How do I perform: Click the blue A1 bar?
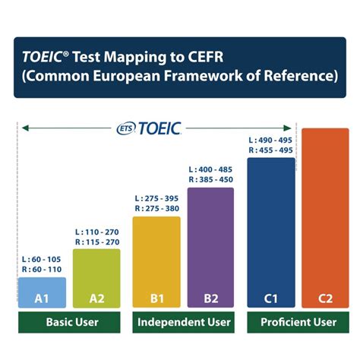point(42,292)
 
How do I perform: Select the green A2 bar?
point(96,278)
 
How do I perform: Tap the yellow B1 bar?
point(156,262)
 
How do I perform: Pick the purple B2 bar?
point(211,248)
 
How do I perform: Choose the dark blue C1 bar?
point(271,232)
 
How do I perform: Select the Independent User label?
point(184,322)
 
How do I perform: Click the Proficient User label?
point(298,322)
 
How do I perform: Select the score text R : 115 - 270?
point(96,242)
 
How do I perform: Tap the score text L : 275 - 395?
point(156,198)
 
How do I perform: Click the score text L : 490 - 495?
point(271,141)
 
